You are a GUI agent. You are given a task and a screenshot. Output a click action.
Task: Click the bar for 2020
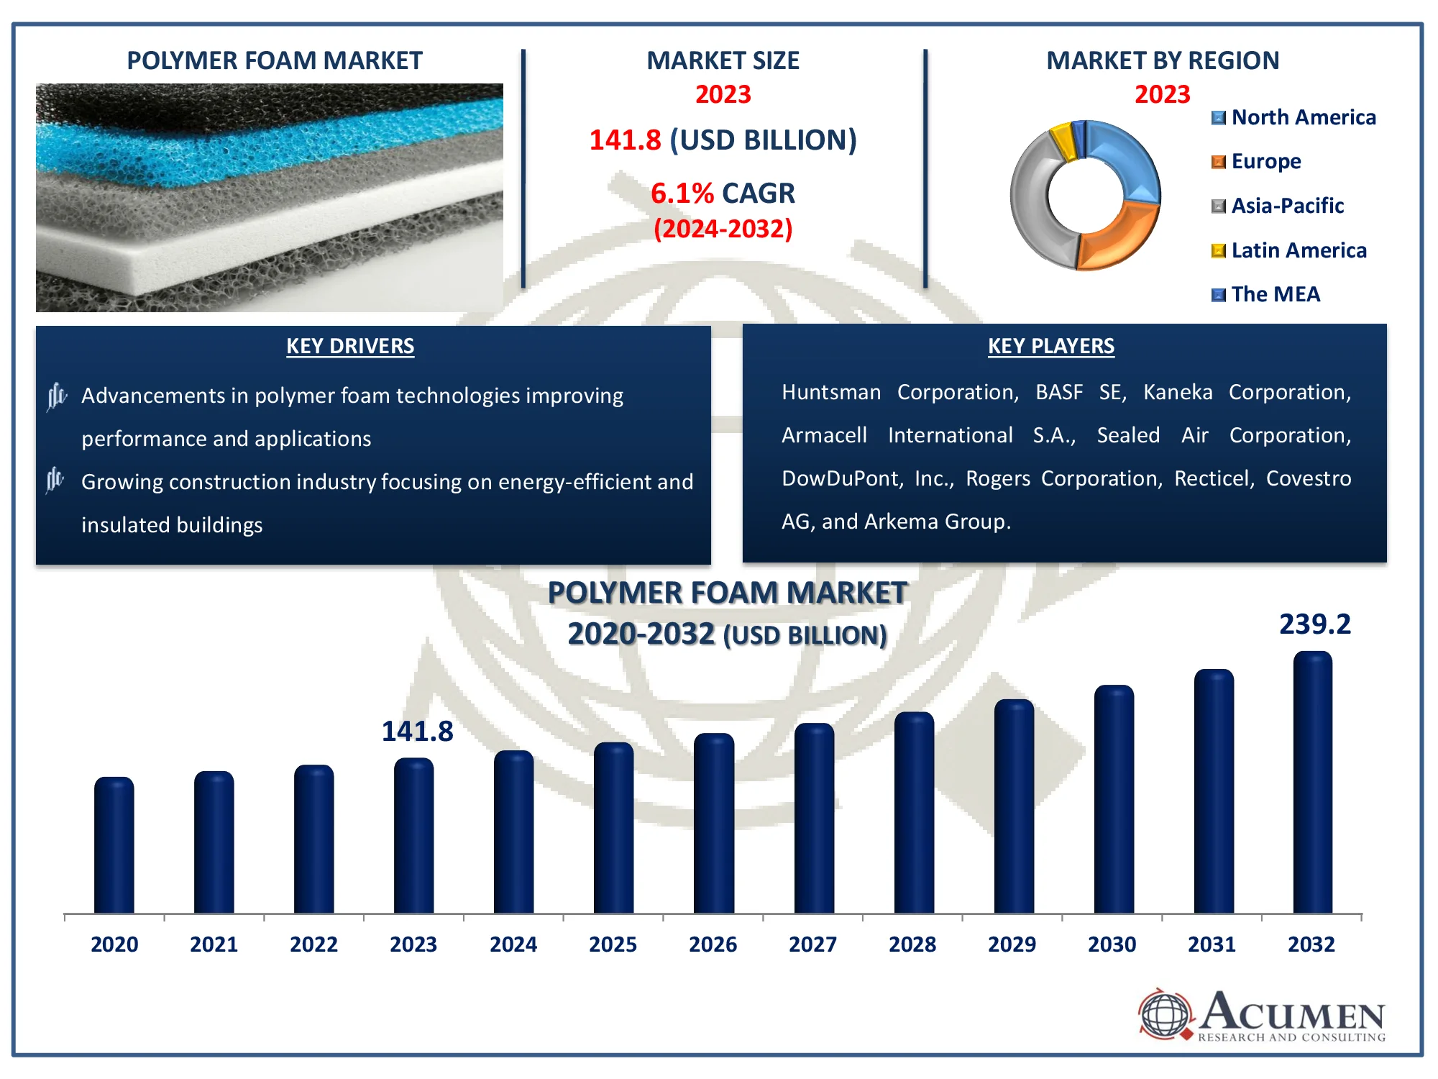point(114,846)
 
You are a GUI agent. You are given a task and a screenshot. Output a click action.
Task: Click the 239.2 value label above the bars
point(1315,624)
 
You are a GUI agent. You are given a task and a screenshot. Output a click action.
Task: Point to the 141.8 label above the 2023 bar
point(417,732)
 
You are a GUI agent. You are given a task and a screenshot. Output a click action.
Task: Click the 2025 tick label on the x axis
point(613,944)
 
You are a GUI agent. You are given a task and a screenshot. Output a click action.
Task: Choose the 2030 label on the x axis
point(1112,944)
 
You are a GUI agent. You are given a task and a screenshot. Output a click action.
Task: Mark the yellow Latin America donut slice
point(1063,142)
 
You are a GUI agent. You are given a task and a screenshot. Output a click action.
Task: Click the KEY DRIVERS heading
point(350,346)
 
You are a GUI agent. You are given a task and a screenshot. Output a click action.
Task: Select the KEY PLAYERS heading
point(1050,346)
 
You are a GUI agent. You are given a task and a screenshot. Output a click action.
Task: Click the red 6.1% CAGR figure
point(682,193)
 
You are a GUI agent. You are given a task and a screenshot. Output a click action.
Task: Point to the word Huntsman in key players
point(831,392)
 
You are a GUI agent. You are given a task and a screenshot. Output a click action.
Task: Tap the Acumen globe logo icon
point(1165,1014)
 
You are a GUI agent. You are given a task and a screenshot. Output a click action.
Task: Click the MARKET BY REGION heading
point(1163,60)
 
